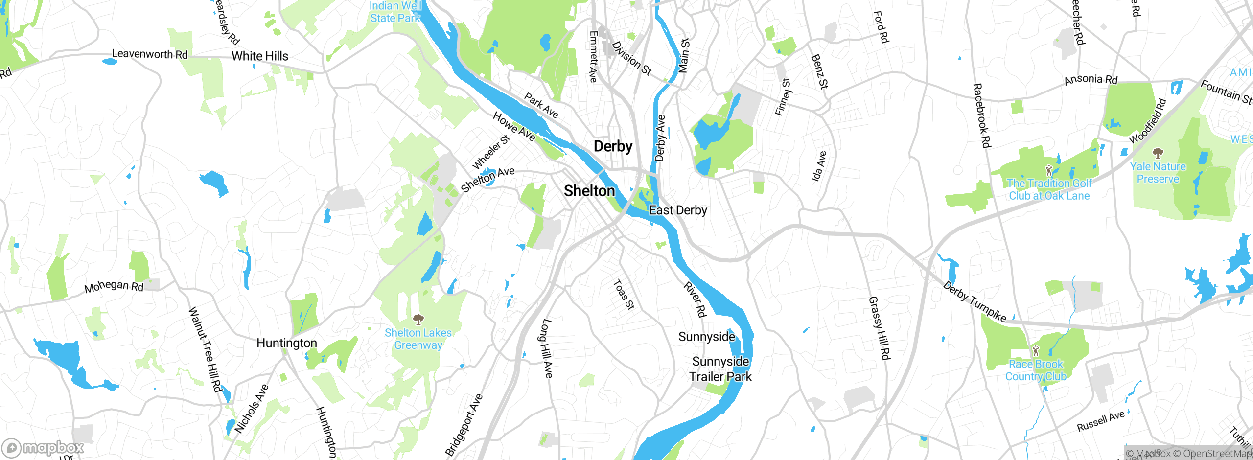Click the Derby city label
point(613,146)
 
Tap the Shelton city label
point(589,191)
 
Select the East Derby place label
point(678,210)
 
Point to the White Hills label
point(260,56)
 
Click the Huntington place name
point(287,343)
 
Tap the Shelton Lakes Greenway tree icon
point(418,320)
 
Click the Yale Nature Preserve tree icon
point(1158,154)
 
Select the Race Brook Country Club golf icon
point(1035,351)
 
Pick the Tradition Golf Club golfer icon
point(1048,170)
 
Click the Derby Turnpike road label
point(974,302)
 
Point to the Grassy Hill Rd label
point(879,328)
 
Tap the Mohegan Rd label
point(114,286)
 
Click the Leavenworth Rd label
point(150,54)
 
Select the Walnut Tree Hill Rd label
point(205,349)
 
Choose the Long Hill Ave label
point(547,348)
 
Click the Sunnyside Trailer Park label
point(720,369)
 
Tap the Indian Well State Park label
point(395,12)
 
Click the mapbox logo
point(43,448)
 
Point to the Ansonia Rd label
point(1091,79)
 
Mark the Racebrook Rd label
point(981,115)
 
